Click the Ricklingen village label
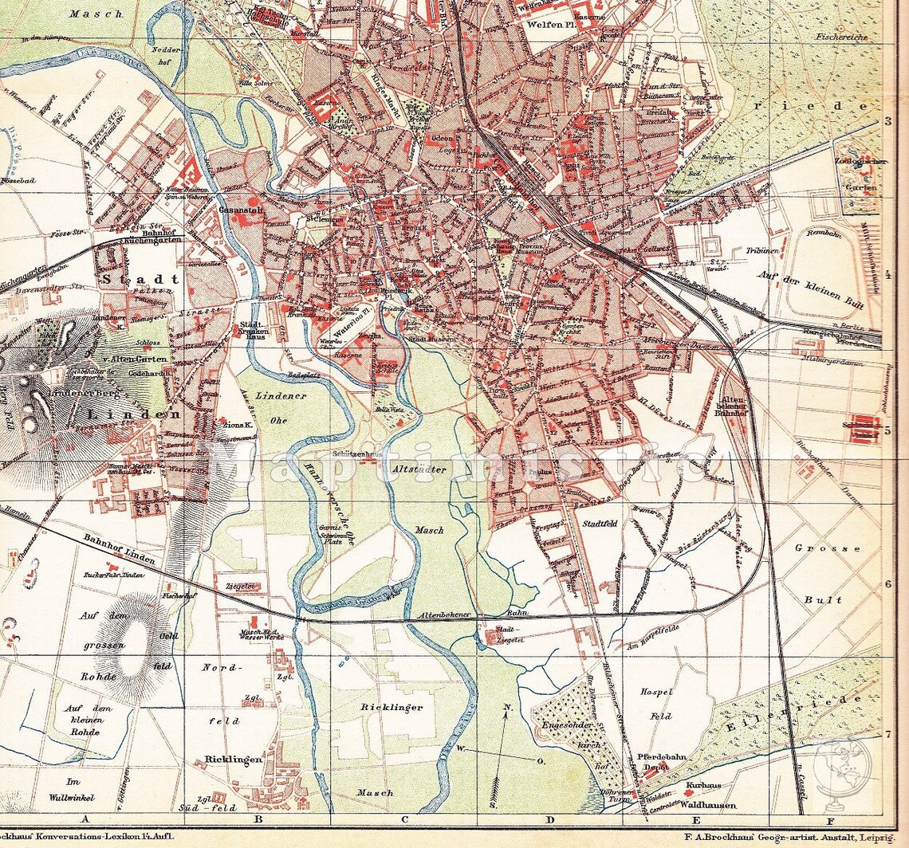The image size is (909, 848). [234, 760]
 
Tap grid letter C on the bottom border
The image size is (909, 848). [404, 819]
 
